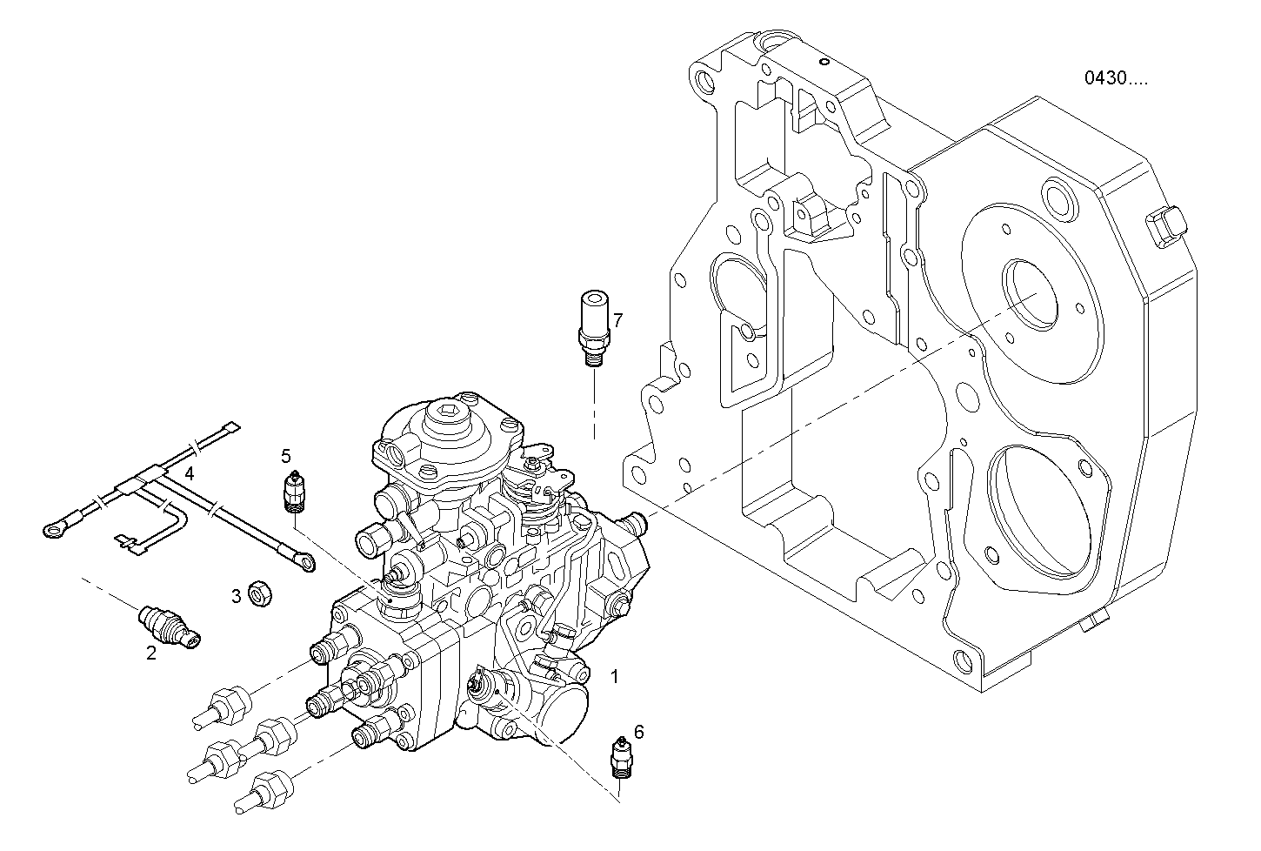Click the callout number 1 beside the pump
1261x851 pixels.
pyautogui.click(x=615, y=675)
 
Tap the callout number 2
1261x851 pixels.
pyautogui.click(x=150, y=653)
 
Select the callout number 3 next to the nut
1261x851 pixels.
pyautogui.click(x=236, y=596)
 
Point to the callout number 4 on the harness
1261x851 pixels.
pyautogui.click(x=189, y=474)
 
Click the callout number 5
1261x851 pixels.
pyautogui.click(x=285, y=455)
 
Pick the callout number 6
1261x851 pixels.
pyautogui.click(x=639, y=732)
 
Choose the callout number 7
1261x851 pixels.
pyautogui.click(x=617, y=320)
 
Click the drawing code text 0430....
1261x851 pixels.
pyautogui.click(x=1115, y=78)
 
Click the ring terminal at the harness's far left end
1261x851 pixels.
pyautogui.click(x=55, y=526)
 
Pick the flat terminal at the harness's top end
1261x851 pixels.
pyautogui.click(x=230, y=426)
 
